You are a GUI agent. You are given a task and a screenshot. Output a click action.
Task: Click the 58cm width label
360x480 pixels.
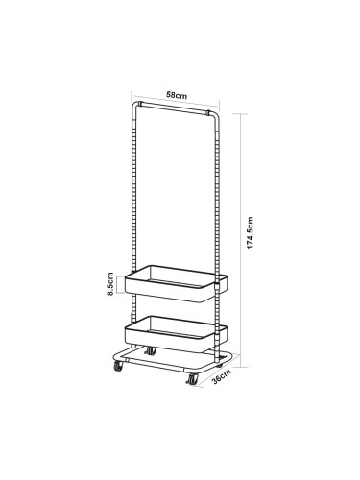point(177,95)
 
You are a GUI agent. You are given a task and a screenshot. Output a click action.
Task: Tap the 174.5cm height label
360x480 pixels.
point(250,232)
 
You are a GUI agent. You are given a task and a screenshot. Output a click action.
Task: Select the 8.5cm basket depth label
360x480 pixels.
point(110,284)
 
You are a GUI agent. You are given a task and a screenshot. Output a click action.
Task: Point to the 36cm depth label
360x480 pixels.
point(222,376)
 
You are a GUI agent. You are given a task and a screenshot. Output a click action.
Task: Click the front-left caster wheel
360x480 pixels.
point(118,366)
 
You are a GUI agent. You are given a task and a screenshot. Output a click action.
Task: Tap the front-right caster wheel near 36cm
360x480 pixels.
point(192,379)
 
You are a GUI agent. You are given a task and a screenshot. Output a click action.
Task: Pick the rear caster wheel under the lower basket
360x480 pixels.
point(150,350)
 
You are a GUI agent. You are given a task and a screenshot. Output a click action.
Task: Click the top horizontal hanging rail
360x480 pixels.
point(175,108)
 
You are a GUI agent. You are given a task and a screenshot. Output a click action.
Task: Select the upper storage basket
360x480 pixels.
point(176,283)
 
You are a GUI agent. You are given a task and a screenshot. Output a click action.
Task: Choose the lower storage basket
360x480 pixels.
point(176,334)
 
